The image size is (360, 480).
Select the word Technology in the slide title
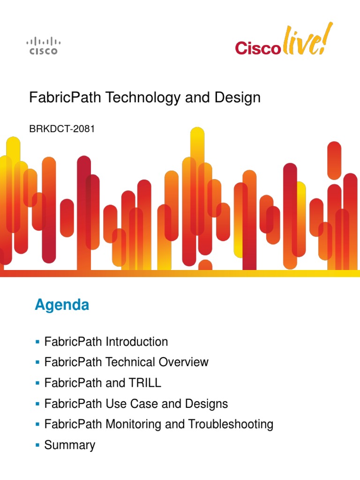pyautogui.click(x=142, y=98)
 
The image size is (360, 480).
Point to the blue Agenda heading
pyautogui.click(x=62, y=306)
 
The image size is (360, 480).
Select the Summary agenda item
pyautogui.click(x=69, y=445)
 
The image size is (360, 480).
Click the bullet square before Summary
pyautogui.click(x=37, y=445)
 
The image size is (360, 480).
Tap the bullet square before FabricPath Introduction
pyautogui.click(x=37, y=341)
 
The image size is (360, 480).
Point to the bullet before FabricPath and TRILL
pyautogui.click(x=37, y=382)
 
